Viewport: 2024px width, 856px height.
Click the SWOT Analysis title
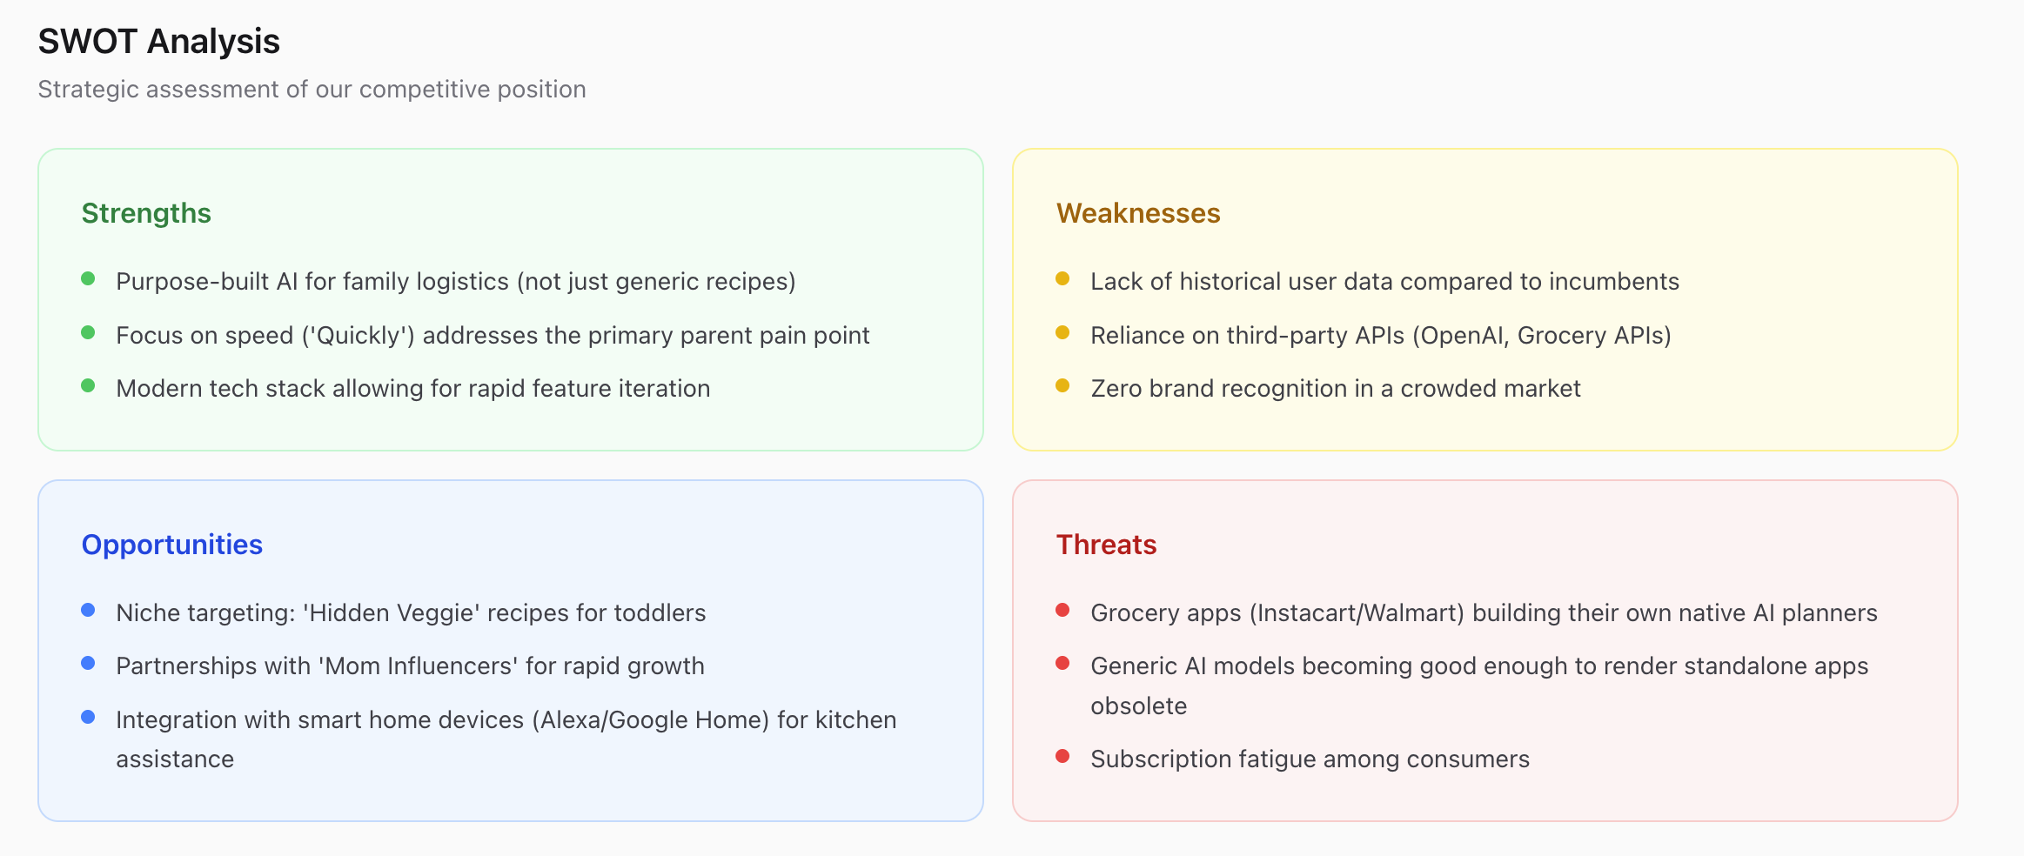(x=158, y=42)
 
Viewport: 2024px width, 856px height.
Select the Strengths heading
(x=146, y=213)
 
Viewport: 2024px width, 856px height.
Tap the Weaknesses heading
(x=1138, y=213)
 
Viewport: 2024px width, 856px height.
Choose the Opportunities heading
(x=172, y=545)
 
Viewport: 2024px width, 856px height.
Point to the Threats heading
(x=1106, y=545)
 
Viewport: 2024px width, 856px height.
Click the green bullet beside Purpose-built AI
(x=88, y=279)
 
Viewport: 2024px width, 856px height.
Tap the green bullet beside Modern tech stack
(x=88, y=385)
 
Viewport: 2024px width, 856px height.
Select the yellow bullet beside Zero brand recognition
(x=1062, y=385)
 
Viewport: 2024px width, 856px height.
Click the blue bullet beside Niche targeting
(x=88, y=610)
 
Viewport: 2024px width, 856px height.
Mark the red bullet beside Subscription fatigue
(x=1062, y=756)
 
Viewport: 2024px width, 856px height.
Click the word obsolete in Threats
(x=1139, y=706)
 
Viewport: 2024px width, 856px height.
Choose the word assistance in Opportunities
(x=175, y=759)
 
